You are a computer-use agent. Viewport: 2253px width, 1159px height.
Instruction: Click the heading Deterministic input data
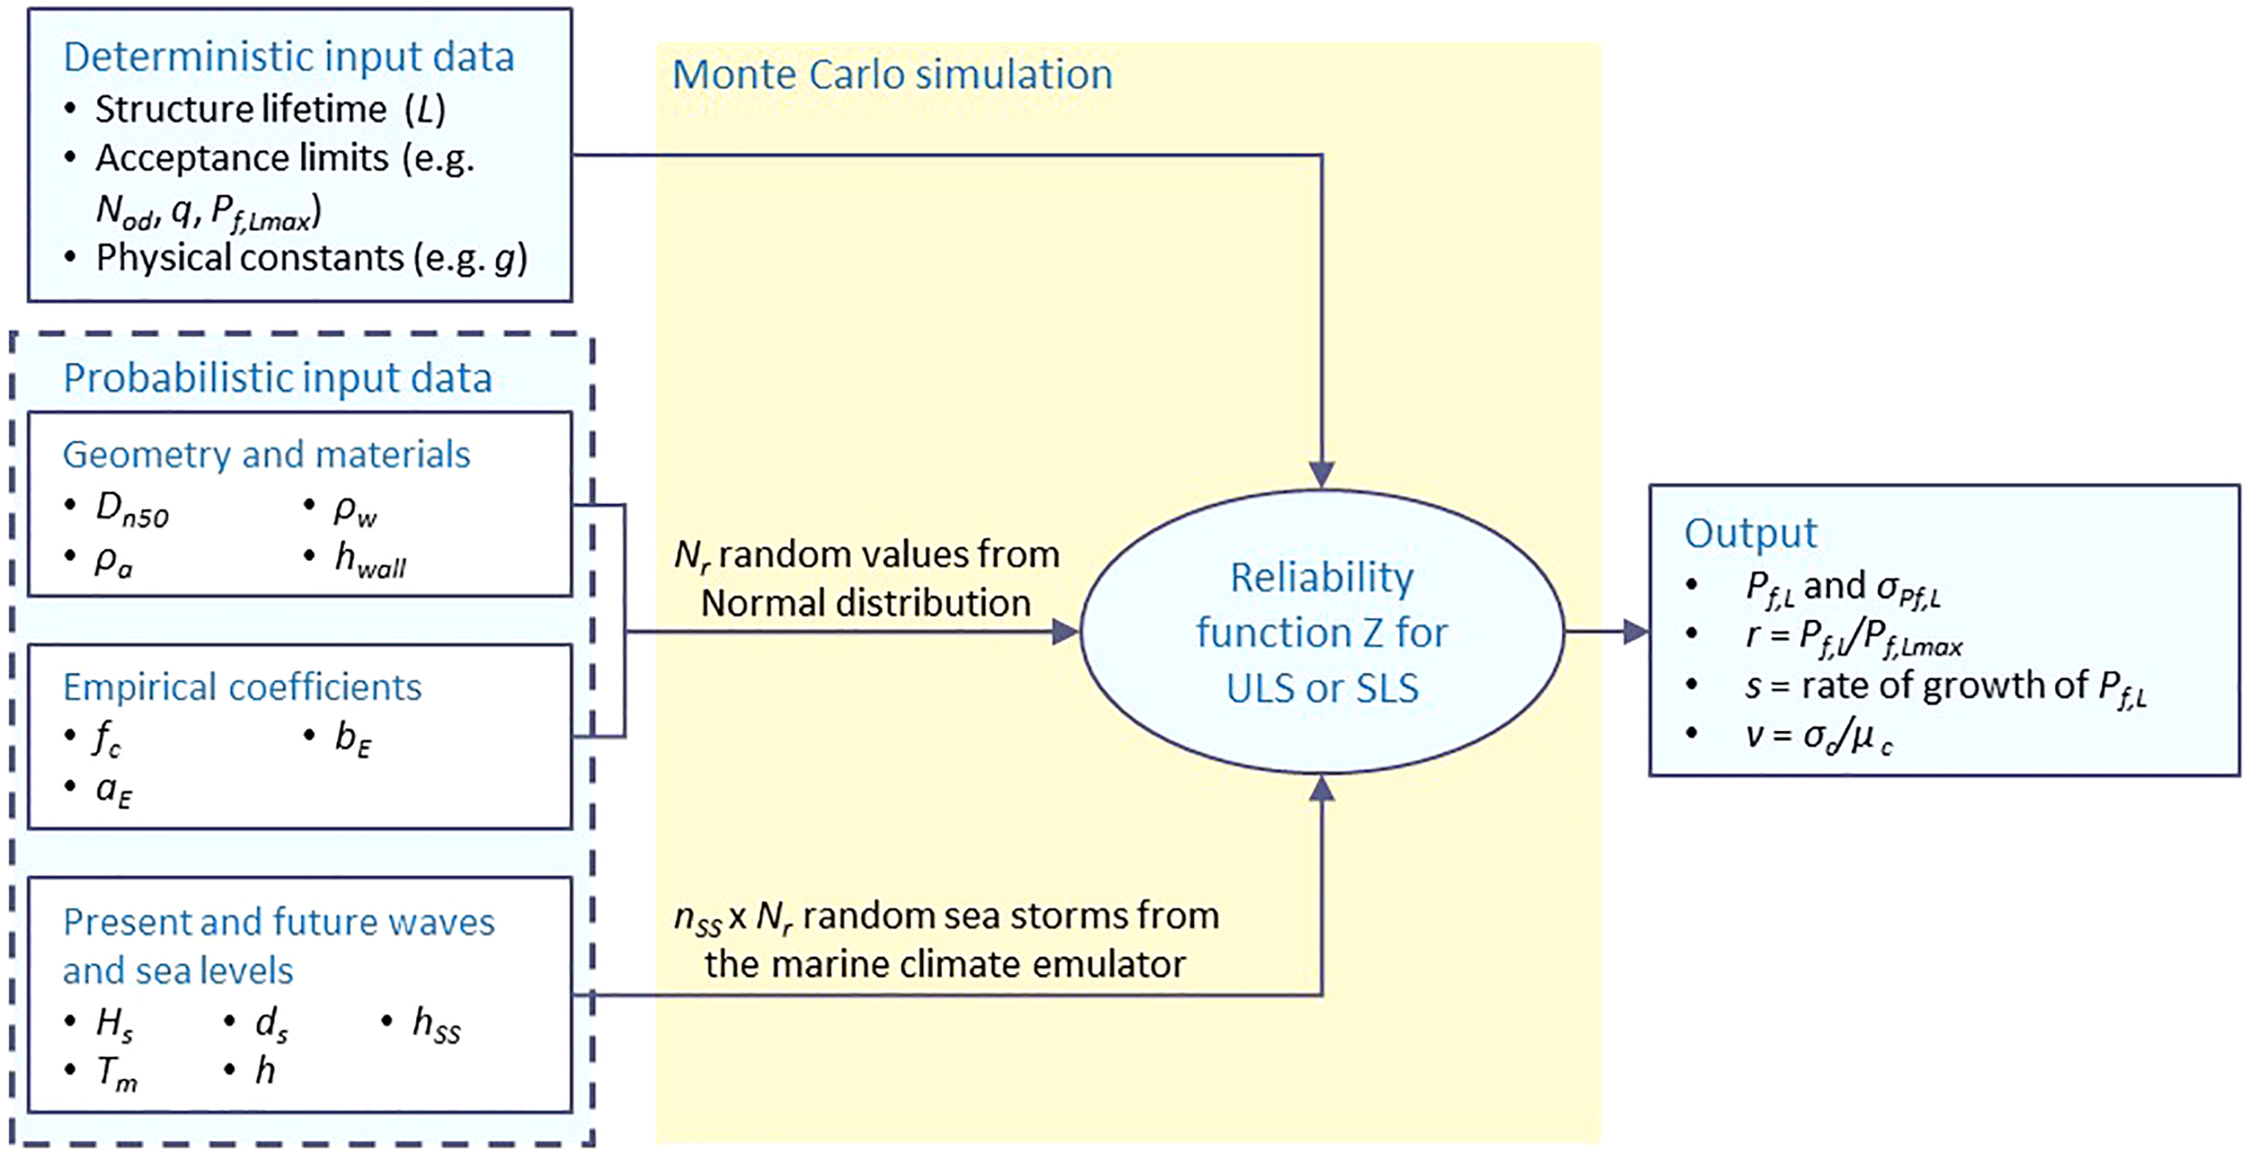tap(288, 57)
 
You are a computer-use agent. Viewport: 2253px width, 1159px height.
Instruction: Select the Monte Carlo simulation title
tap(892, 74)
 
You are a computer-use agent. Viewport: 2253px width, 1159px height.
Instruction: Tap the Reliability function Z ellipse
tap(1321, 632)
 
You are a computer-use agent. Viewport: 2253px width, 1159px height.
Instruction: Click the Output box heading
tap(1750, 533)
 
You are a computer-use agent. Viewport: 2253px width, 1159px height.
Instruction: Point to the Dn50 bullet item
tap(132, 510)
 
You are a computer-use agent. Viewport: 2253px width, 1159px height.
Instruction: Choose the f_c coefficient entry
tap(106, 739)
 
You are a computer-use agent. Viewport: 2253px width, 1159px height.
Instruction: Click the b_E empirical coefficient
tap(352, 739)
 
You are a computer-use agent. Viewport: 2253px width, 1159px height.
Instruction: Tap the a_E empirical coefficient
tap(114, 790)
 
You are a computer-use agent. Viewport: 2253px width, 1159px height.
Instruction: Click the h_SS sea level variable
tap(436, 1025)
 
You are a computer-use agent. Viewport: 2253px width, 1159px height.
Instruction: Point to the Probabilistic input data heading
tap(278, 378)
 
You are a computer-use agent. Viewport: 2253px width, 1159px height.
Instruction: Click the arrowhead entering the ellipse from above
tap(1321, 474)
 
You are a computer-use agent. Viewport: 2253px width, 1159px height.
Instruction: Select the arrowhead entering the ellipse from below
tap(1321, 789)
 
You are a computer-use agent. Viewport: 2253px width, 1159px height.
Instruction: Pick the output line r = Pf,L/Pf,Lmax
tap(1852, 637)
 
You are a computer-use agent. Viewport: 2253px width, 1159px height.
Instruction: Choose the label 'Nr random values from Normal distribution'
tap(866, 579)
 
